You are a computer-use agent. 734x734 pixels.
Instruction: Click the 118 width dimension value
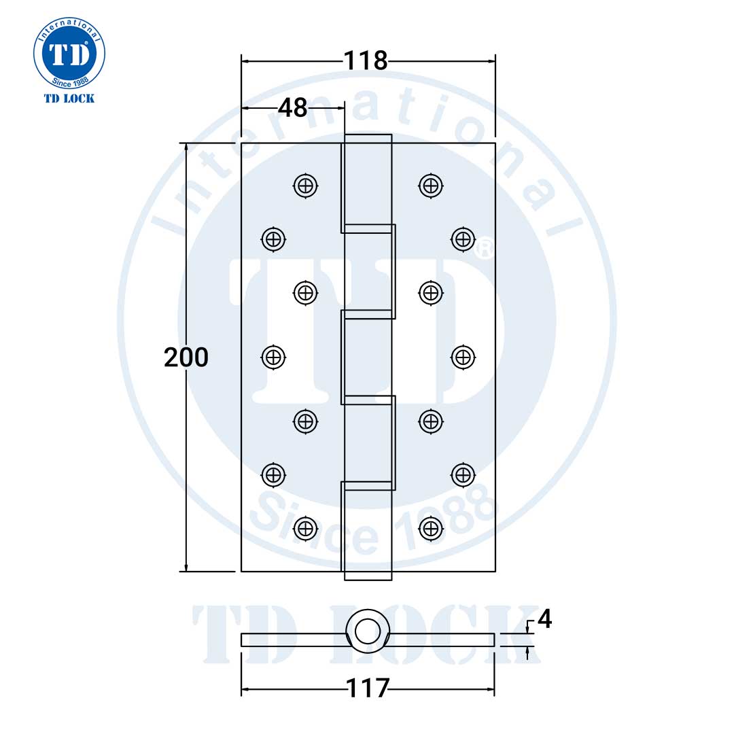(366, 60)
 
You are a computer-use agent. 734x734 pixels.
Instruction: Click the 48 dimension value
(293, 107)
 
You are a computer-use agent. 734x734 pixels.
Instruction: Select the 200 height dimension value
(186, 357)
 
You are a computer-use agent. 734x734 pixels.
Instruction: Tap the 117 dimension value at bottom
(368, 689)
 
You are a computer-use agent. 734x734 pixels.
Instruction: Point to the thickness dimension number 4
(544, 619)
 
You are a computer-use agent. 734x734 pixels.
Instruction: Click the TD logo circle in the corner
(69, 52)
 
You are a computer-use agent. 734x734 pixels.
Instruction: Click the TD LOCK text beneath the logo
(69, 99)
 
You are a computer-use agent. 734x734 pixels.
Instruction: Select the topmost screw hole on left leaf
(306, 184)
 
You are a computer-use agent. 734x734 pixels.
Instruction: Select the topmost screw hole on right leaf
(430, 184)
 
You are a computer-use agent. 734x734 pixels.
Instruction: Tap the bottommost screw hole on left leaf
(306, 527)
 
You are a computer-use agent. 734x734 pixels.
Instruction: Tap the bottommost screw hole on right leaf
(430, 527)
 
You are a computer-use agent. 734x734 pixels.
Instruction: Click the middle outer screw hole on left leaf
(273, 356)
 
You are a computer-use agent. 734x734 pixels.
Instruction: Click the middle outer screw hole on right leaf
(463, 356)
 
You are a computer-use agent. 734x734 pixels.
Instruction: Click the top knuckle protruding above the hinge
(368, 139)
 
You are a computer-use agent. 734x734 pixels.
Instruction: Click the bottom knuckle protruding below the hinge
(368, 576)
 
